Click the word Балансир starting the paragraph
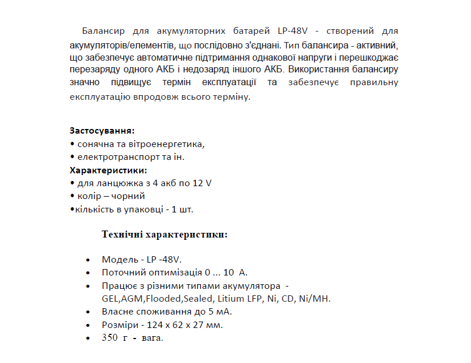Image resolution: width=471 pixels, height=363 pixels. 102,30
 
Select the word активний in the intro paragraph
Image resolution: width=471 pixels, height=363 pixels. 379,44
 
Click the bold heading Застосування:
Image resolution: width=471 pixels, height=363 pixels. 102,130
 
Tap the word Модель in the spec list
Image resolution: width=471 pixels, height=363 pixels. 120,260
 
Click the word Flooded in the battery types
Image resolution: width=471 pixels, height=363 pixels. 163,299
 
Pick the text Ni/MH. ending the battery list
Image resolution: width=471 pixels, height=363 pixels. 315,299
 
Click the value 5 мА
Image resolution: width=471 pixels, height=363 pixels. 222,312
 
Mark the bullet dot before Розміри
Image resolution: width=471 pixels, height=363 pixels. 88,325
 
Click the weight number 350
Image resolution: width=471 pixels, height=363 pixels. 110,338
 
